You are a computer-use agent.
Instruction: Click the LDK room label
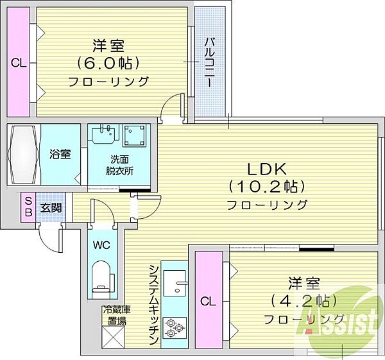coord(267,169)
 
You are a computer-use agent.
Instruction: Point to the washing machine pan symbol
coord(134,135)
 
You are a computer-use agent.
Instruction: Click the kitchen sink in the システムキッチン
coord(175,283)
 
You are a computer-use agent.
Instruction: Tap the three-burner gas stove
coord(174,327)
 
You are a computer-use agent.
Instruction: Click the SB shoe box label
coord(28,207)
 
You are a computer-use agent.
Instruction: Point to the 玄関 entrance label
coord(51,209)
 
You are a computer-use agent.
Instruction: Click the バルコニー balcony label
coord(209,62)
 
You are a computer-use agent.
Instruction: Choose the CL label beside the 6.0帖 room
coord(19,64)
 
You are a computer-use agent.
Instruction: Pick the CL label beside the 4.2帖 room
coord(208,302)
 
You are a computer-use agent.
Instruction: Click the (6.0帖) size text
coord(108,64)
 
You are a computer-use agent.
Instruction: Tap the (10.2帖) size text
coord(267,187)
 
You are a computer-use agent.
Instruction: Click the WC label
coord(101,245)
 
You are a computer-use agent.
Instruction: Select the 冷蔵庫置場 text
coord(117,315)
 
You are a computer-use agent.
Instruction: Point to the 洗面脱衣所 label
coord(119,165)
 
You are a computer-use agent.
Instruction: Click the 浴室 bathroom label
coord(60,154)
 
